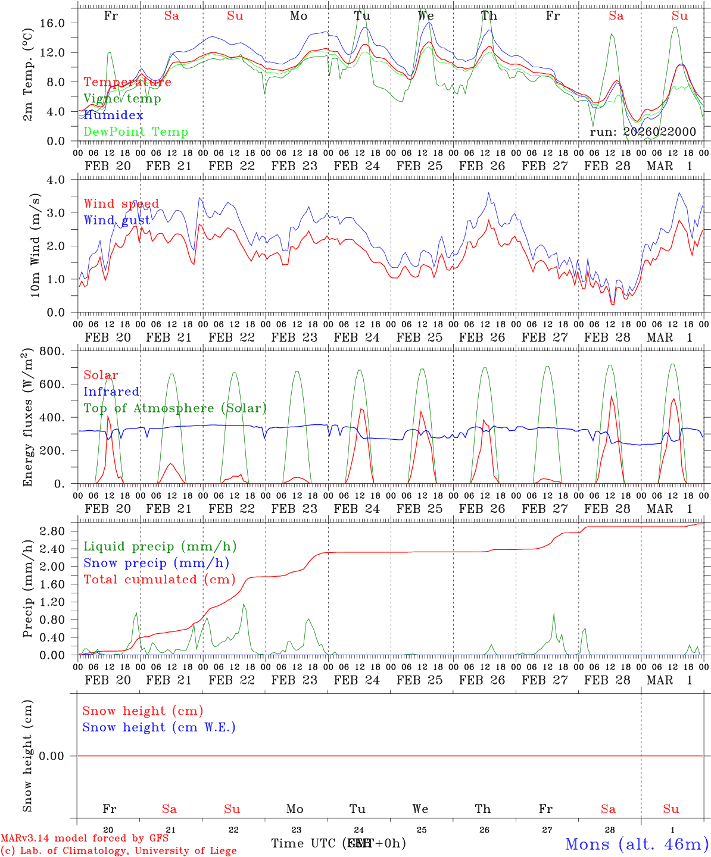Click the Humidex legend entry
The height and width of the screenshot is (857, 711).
click(x=113, y=115)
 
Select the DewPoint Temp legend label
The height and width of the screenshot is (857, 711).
click(x=136, y=132)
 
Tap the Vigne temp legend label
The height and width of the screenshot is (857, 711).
click(x=122, y=99)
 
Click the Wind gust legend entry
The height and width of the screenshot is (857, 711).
click(x=117, y=220)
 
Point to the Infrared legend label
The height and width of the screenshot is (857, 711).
click(x=111, y=392)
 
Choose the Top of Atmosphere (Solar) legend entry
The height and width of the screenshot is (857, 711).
click(x=175, y=408)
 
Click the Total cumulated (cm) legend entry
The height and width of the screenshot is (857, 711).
click(x=159, y=580)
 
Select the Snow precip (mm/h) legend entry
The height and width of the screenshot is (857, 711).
click(x=156, y=563)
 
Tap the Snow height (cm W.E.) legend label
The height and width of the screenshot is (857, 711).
click(x=159, y=727)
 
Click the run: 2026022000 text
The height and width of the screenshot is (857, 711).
click(x=643, y=132)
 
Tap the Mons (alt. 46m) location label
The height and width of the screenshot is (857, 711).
click(x=637, y=844)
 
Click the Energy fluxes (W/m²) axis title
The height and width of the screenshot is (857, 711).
click(x=27, y=418)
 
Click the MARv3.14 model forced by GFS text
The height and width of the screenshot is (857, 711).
click(x=85, y=838)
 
